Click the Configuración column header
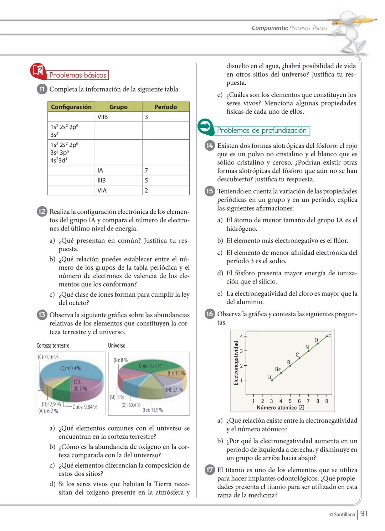click(71, 107)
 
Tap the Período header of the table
click(165, 107)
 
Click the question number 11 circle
click(42, 89)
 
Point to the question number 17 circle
click(210, 470)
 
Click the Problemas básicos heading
click(78, 75)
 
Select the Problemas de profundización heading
click(262, 130)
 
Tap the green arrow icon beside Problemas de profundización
click(205, 126)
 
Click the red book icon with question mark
click(38, 71)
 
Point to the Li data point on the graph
click(272, 380)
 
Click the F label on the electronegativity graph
click(329, 336)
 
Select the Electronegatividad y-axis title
click(236, 363)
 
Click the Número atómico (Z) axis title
click(281, 407)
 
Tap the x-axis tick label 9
click(327, 401)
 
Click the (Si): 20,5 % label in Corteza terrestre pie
click(80, 385)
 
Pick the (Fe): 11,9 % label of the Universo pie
click(153, 410)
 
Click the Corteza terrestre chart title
click(53, 345)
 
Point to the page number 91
click(364, 514)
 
